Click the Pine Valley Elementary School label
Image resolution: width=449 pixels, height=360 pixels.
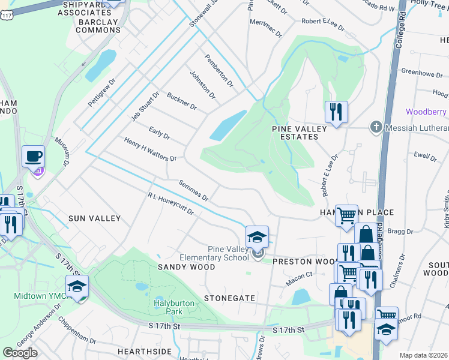click(228, 253)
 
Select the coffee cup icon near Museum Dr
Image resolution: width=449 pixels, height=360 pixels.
click(34, 157)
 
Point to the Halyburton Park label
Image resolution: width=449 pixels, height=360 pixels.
click(174, 307)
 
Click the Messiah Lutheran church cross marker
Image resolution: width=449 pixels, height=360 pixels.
click(376, 127)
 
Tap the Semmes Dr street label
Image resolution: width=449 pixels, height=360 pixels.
click(193, 190)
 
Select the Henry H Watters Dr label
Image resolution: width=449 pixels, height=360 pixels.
click(150, 150)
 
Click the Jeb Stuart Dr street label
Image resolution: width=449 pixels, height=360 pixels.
click(145, 106)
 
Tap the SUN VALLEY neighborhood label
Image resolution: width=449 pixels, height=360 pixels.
click(94, 219)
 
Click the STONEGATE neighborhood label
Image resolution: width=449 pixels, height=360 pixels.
click(230, 298)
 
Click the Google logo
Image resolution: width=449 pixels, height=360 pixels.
click(20, 352)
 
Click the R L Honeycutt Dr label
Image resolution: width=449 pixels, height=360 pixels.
click(170, 204)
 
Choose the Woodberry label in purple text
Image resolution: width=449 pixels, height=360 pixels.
click(427, 112)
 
